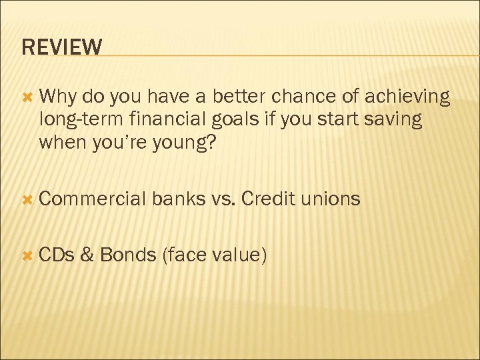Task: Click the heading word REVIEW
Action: click(62, 47)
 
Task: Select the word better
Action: click(241, 97)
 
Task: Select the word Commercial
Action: click(93, 199)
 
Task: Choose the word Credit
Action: click(268, 199)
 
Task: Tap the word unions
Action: click(331, 199)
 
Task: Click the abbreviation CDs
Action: click(58, 254)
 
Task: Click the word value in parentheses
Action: click(239, 255)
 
